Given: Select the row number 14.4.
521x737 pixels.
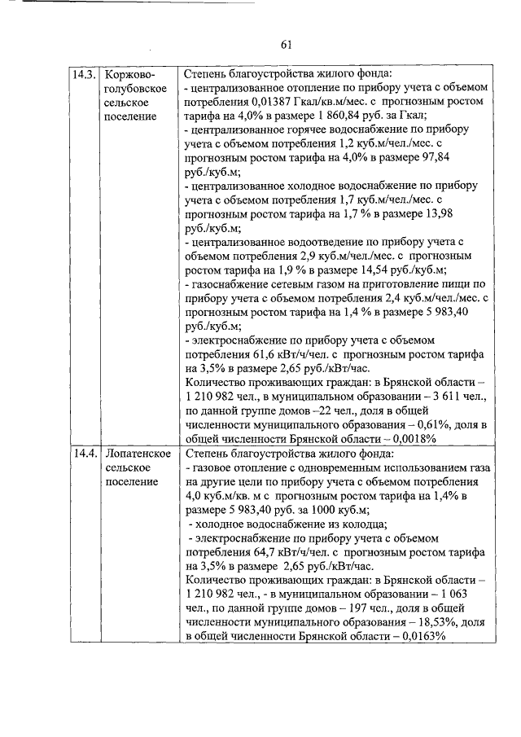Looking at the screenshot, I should [84, 453].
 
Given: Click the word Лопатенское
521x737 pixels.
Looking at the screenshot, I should [137, 453].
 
